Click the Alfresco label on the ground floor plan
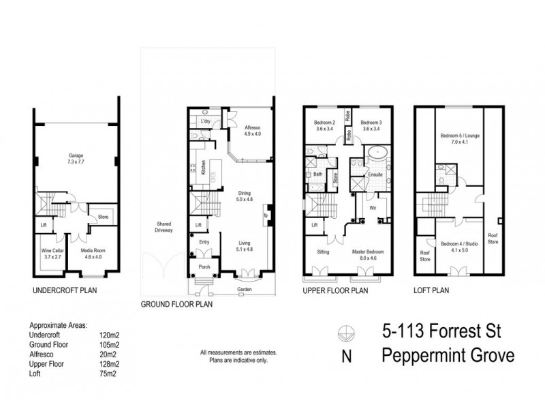(243, 131)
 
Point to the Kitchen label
(203, 168)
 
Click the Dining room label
(244, 196)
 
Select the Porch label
(203, 267)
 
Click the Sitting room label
(324, 252)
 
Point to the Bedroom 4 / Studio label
(456, 247)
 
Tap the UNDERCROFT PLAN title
(64, 290)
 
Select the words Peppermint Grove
(447, 357)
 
